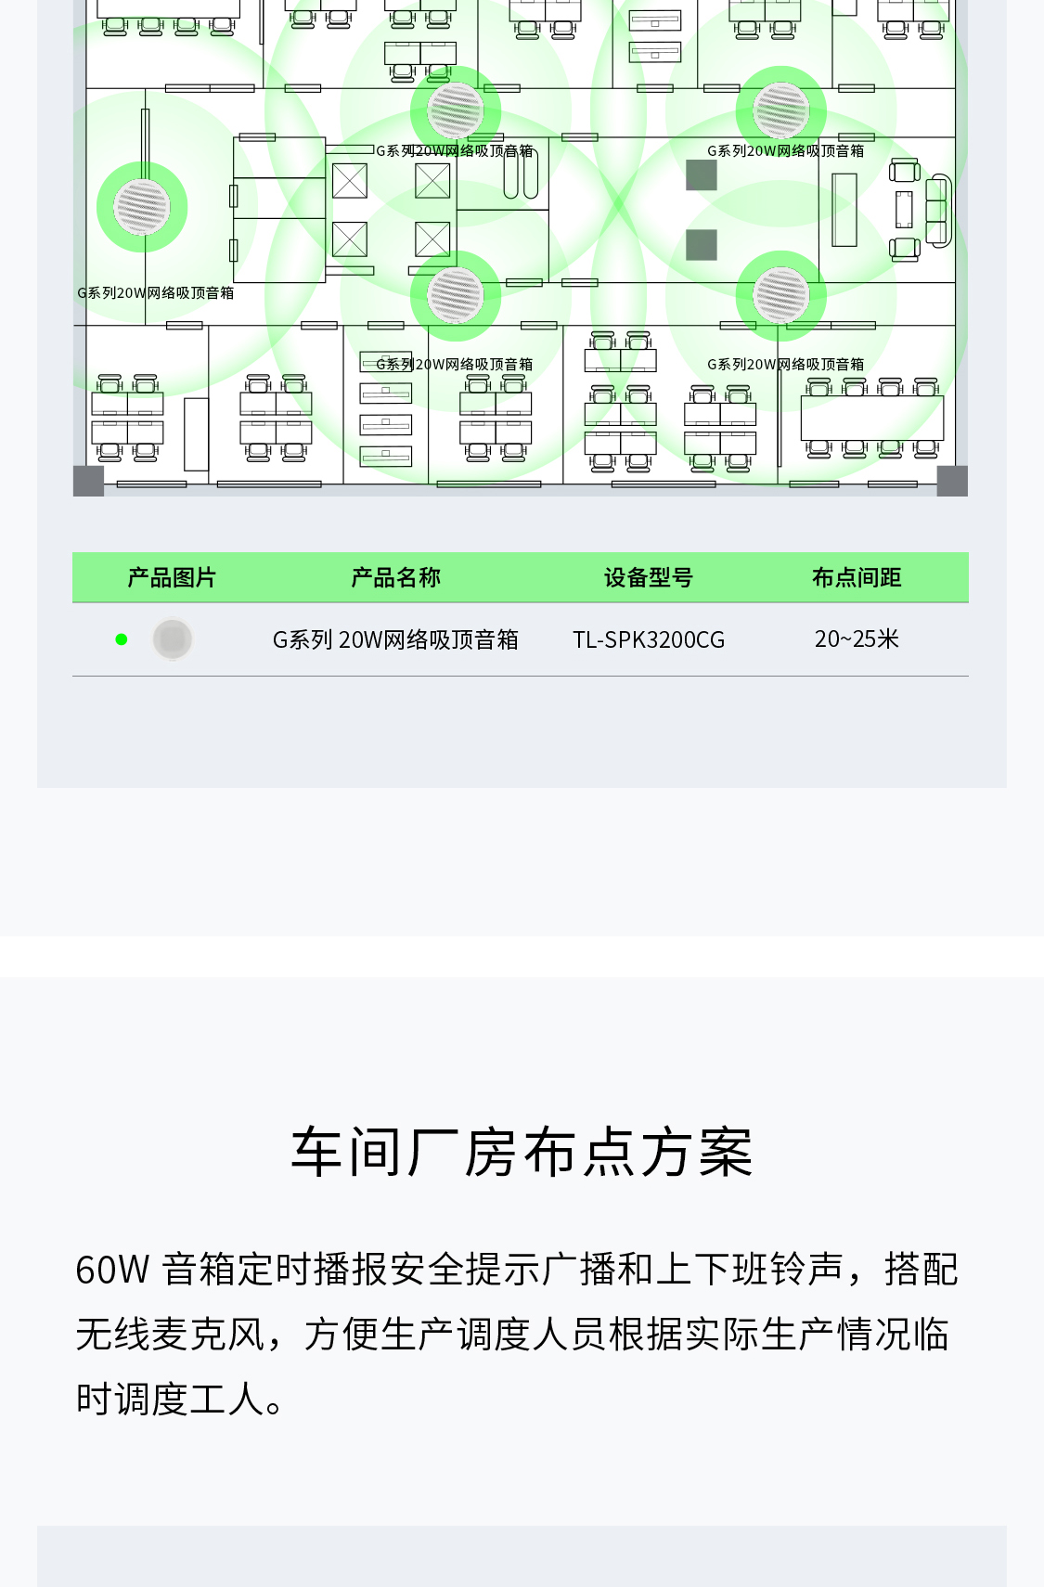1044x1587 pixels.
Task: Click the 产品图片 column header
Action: pyautogui.click(x=172, y=577)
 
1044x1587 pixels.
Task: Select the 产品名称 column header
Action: pyautogui.click(x=395, y=577)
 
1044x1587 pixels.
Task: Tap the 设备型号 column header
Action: pyautogui.click(x=648, y=577)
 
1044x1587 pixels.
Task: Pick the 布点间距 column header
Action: pyautogui.click(x=857, y=577)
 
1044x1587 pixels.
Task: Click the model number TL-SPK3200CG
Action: pyautogui.click(x=648, y=639)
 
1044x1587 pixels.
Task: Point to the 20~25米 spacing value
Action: pyautogui.click(x=857, y=639)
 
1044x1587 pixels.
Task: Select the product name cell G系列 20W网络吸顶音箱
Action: pyautogui.click(x=395, y=639)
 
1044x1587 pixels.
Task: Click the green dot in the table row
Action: pyautogui.click(x=121, y=639)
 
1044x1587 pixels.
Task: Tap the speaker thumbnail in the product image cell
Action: pyautogui.click(x=173, y=639)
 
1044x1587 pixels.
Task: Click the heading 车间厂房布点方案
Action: pyautogui.click(x=522, y=1153)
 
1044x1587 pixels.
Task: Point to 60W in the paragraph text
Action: pyautogui.click(x=111, y=1270)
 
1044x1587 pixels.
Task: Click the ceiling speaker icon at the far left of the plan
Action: pyautogui.click(x=142, y=206)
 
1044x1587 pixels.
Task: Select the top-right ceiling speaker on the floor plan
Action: pyautogui.click(x=781, y=110)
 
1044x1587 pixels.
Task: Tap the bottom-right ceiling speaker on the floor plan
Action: pyautogui.click(x=781, y=295)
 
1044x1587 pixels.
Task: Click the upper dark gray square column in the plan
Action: pyautogui.click(x=702, y=174)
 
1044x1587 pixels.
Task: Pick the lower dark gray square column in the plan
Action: pyautogui.click(x=702, y=245)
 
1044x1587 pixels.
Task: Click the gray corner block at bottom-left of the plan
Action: pyautogui.click(x=88, y=481)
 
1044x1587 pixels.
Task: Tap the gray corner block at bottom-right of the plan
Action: pyautogui.click(x=952, y=481)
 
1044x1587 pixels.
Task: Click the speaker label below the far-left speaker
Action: pyautogui.click(x=156, y=293)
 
